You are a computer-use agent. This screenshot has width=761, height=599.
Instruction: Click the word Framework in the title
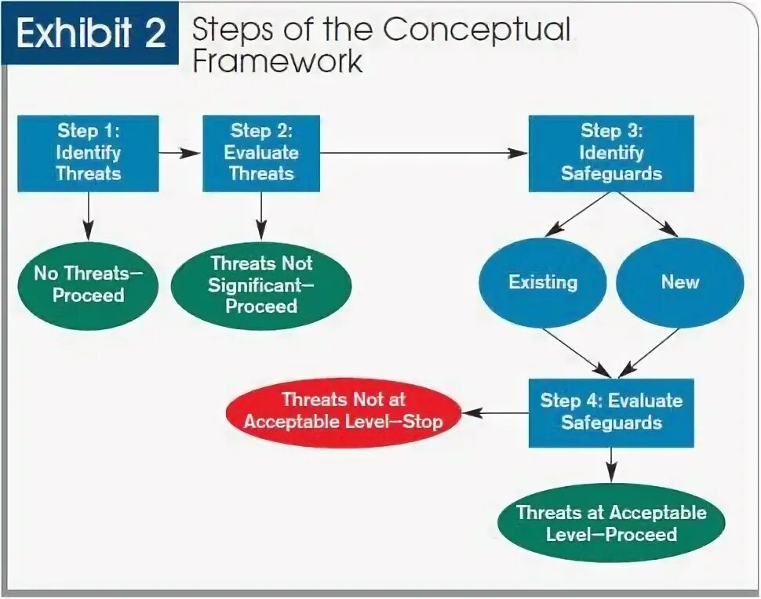coord(278,61)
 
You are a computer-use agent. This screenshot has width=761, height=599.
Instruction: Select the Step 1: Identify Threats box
coord(88,153)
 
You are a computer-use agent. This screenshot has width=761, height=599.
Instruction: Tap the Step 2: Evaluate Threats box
coord(261,153)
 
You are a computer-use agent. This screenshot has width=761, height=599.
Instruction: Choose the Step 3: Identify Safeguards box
coord(611,153)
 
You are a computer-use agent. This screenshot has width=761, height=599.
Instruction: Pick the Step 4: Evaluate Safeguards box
coord(611,412)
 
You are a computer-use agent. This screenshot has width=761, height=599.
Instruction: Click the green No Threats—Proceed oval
coord(88,285)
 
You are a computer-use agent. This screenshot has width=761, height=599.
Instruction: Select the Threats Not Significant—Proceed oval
coord(261,285)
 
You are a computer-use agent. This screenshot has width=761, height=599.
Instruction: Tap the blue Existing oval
coord(543,283)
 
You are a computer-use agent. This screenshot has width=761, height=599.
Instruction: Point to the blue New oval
coord(679,283)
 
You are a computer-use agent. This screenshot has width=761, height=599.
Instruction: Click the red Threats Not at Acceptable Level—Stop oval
coord(343,411)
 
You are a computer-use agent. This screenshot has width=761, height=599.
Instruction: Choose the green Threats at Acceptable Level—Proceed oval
coord(611,524)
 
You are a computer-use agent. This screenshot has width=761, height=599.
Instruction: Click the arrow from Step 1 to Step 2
coord(180,153)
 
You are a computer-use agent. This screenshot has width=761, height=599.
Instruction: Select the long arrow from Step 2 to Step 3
coord(424,153)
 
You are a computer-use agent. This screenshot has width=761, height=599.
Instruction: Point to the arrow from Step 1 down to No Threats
coord(88,215)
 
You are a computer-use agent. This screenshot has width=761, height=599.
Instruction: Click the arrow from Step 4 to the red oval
coord(494,412)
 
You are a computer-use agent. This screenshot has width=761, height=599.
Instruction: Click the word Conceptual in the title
coord(476,30)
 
